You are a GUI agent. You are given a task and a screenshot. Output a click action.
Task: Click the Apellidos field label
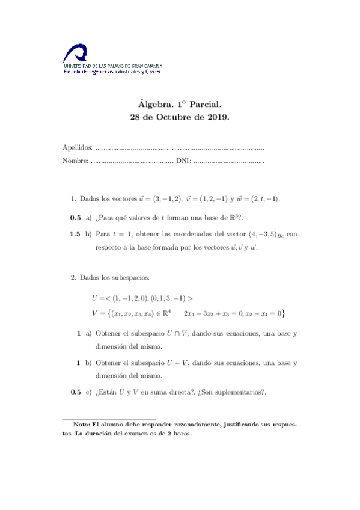click(78, 147)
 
